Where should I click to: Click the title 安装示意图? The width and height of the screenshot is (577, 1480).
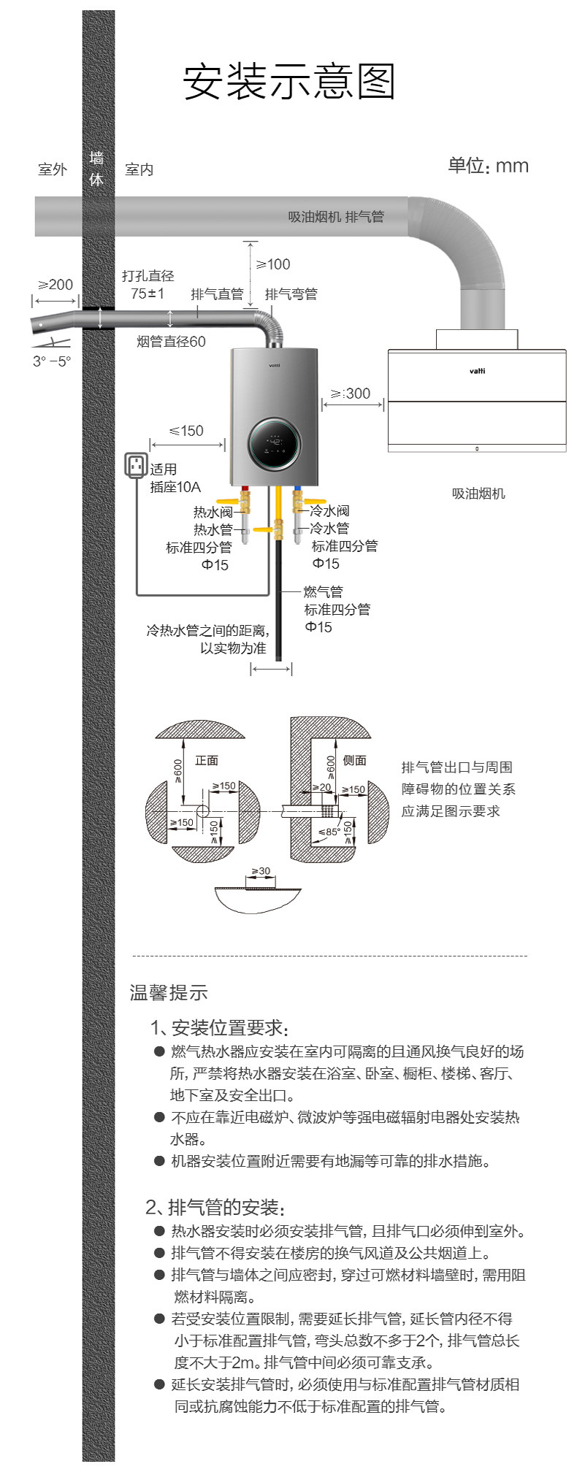coord(288,81)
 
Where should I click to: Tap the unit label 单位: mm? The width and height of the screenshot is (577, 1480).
coord(488,166)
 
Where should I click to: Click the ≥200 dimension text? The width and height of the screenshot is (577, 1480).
coord(56,284)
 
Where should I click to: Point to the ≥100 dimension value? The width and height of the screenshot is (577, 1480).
coord(272,264)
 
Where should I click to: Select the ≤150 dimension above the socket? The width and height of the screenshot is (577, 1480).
coord(186,431)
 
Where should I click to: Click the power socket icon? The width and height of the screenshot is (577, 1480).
coord(137,465)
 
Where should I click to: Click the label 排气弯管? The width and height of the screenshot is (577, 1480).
coord(291,294)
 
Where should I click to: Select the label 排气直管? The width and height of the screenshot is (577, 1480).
coord(217,294)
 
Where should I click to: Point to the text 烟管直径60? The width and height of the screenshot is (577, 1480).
coord(171,342)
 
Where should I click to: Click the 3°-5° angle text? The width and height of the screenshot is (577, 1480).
coord(52,361)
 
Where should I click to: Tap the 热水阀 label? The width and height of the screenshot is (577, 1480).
coord(213,512)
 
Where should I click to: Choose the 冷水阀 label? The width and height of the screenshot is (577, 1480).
coord(329,510)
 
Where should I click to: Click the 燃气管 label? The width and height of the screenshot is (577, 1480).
coord(323,591)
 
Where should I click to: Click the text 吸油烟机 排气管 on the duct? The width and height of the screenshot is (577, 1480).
coord(335,217)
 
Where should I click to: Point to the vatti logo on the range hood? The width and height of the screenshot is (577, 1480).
coord(477,371)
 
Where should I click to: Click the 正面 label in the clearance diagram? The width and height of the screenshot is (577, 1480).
coord(207,760)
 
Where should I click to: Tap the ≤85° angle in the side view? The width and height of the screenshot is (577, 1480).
coord(328,832)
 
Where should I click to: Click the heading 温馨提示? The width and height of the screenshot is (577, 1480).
coord(169,992)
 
